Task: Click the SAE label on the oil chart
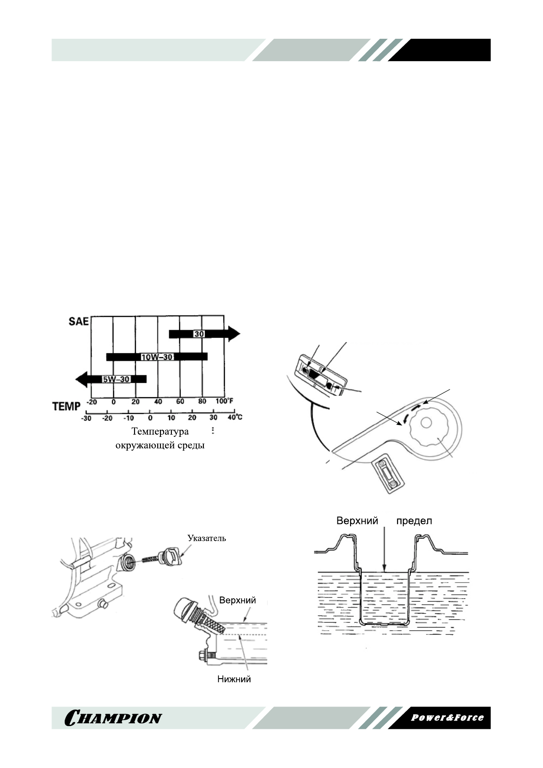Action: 78,321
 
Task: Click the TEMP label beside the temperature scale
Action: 67,406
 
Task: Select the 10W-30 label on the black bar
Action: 157,357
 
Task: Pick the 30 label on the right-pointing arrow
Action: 199,334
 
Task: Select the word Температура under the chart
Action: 160,431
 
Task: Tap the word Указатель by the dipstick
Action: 207,538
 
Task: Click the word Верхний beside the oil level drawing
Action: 238,600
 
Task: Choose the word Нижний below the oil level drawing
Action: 234,680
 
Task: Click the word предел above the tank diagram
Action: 414,521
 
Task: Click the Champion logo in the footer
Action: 114,718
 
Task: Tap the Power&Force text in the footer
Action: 447,717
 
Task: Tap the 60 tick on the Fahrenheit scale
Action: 180,402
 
